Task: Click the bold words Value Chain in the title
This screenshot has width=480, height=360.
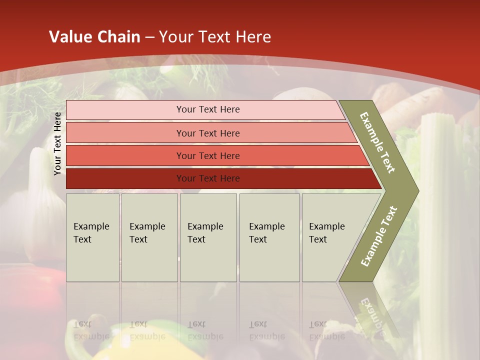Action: pos(94,37)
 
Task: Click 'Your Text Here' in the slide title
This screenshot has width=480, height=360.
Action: pos(215,37)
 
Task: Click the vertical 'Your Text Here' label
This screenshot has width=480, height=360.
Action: pos(57,143)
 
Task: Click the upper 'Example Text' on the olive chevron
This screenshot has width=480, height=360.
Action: pos(377,142)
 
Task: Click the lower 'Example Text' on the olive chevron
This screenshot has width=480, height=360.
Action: pos(379,236)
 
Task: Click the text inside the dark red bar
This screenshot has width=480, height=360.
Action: pos(208,178)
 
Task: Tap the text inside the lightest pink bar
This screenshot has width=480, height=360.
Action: pos(208,109)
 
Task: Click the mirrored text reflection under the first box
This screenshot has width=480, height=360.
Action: pos(91,330)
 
